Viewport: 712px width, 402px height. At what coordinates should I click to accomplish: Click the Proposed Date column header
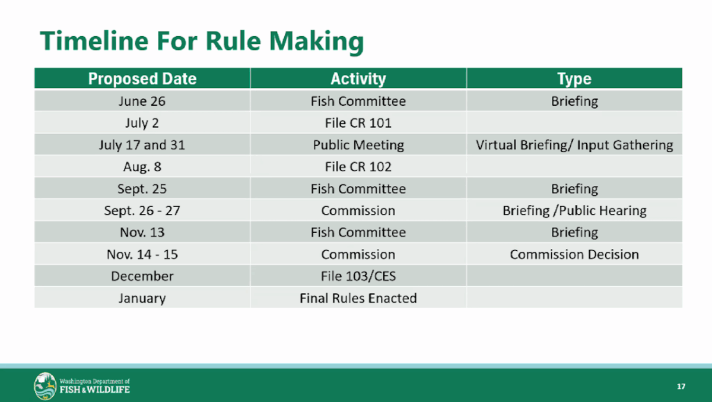[142, 78]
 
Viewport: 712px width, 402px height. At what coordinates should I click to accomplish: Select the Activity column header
[358, 78]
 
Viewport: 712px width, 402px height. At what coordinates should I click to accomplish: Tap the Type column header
[574, 79]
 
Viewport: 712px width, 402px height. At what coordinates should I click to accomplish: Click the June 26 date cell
[142, 101]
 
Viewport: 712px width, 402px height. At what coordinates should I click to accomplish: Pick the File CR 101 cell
[358, 123]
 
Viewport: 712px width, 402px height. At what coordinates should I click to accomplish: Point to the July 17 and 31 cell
[142, 145]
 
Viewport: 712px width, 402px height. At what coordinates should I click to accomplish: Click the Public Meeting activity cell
[358, 145]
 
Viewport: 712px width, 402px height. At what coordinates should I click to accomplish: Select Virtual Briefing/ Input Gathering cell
[574, 145]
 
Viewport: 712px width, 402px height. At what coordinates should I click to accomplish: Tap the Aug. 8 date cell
[142, 167]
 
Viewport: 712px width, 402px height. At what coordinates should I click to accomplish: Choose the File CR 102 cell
[358, 167]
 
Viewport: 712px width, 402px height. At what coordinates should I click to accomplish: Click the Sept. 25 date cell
[142, 189]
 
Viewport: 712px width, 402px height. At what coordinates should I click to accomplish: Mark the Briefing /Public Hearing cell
[574, 211]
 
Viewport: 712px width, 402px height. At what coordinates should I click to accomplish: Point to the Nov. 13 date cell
[142, 232]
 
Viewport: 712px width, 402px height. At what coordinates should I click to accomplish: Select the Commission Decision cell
[574, 254]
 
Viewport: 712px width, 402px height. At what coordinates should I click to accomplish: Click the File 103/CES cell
[358, 276]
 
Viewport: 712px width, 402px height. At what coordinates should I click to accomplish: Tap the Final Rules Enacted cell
[358, 298]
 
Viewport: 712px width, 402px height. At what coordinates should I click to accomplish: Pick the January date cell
[142, 298]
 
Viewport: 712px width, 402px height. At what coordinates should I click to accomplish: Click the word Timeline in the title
[94, 41]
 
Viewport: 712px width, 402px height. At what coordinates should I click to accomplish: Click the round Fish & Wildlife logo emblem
[45, 386]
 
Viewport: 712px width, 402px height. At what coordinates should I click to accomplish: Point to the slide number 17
[681, 387]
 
